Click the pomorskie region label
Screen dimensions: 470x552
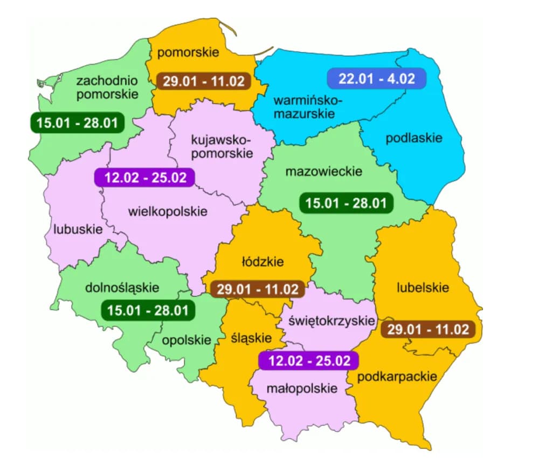[x=188, y=52]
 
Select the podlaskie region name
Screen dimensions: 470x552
[x=413, y=138]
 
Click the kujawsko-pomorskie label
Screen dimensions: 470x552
[x=222, y=146]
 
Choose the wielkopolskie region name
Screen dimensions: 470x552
[x=168, y=211]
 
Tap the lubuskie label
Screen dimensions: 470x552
[x=78, y=229]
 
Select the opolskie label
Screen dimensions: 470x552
[x=187, y=340]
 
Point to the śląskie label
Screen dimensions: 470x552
[x=251, y=338]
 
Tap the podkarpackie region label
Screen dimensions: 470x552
[x=397, y=376]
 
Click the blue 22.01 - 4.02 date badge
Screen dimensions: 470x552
[x=376, y=78]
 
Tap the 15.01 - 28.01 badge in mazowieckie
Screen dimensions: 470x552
[x=346, y=203]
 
